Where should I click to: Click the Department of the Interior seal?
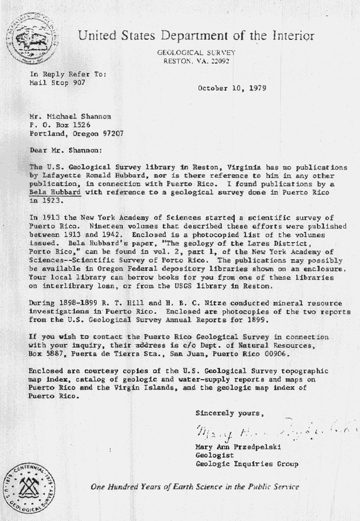(x=32, y=39)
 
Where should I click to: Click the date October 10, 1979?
(x=232, y=88)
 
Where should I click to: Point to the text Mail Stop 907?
(x=57, y=82)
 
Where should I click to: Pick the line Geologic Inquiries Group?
(x=246, y=463)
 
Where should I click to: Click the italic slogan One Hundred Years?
(x=195, y=486)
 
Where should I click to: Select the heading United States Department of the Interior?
(x=196, y=36)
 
